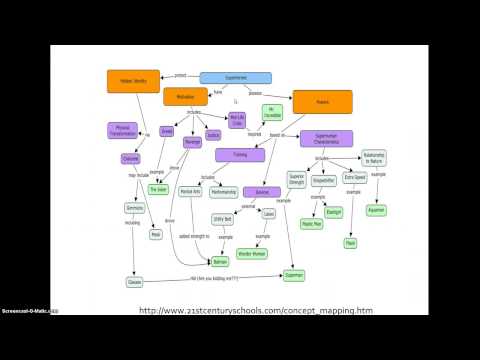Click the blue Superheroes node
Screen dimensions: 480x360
coord(236,77)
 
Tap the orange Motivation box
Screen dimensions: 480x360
coord(185,98)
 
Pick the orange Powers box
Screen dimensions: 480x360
coord(321,101)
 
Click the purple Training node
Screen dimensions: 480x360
coord(239,155)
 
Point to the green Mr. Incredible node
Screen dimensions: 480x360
coord(272,112)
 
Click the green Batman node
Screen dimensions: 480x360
coord(220,261)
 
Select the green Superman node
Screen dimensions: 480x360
coord(293,274)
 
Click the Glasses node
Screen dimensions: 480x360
coord(135,283)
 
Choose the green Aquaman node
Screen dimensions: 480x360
coord(376,211)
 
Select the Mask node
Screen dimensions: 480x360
coord(155,236)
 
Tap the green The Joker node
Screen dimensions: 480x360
coord(158,188)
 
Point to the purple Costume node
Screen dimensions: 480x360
coord(131,159)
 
